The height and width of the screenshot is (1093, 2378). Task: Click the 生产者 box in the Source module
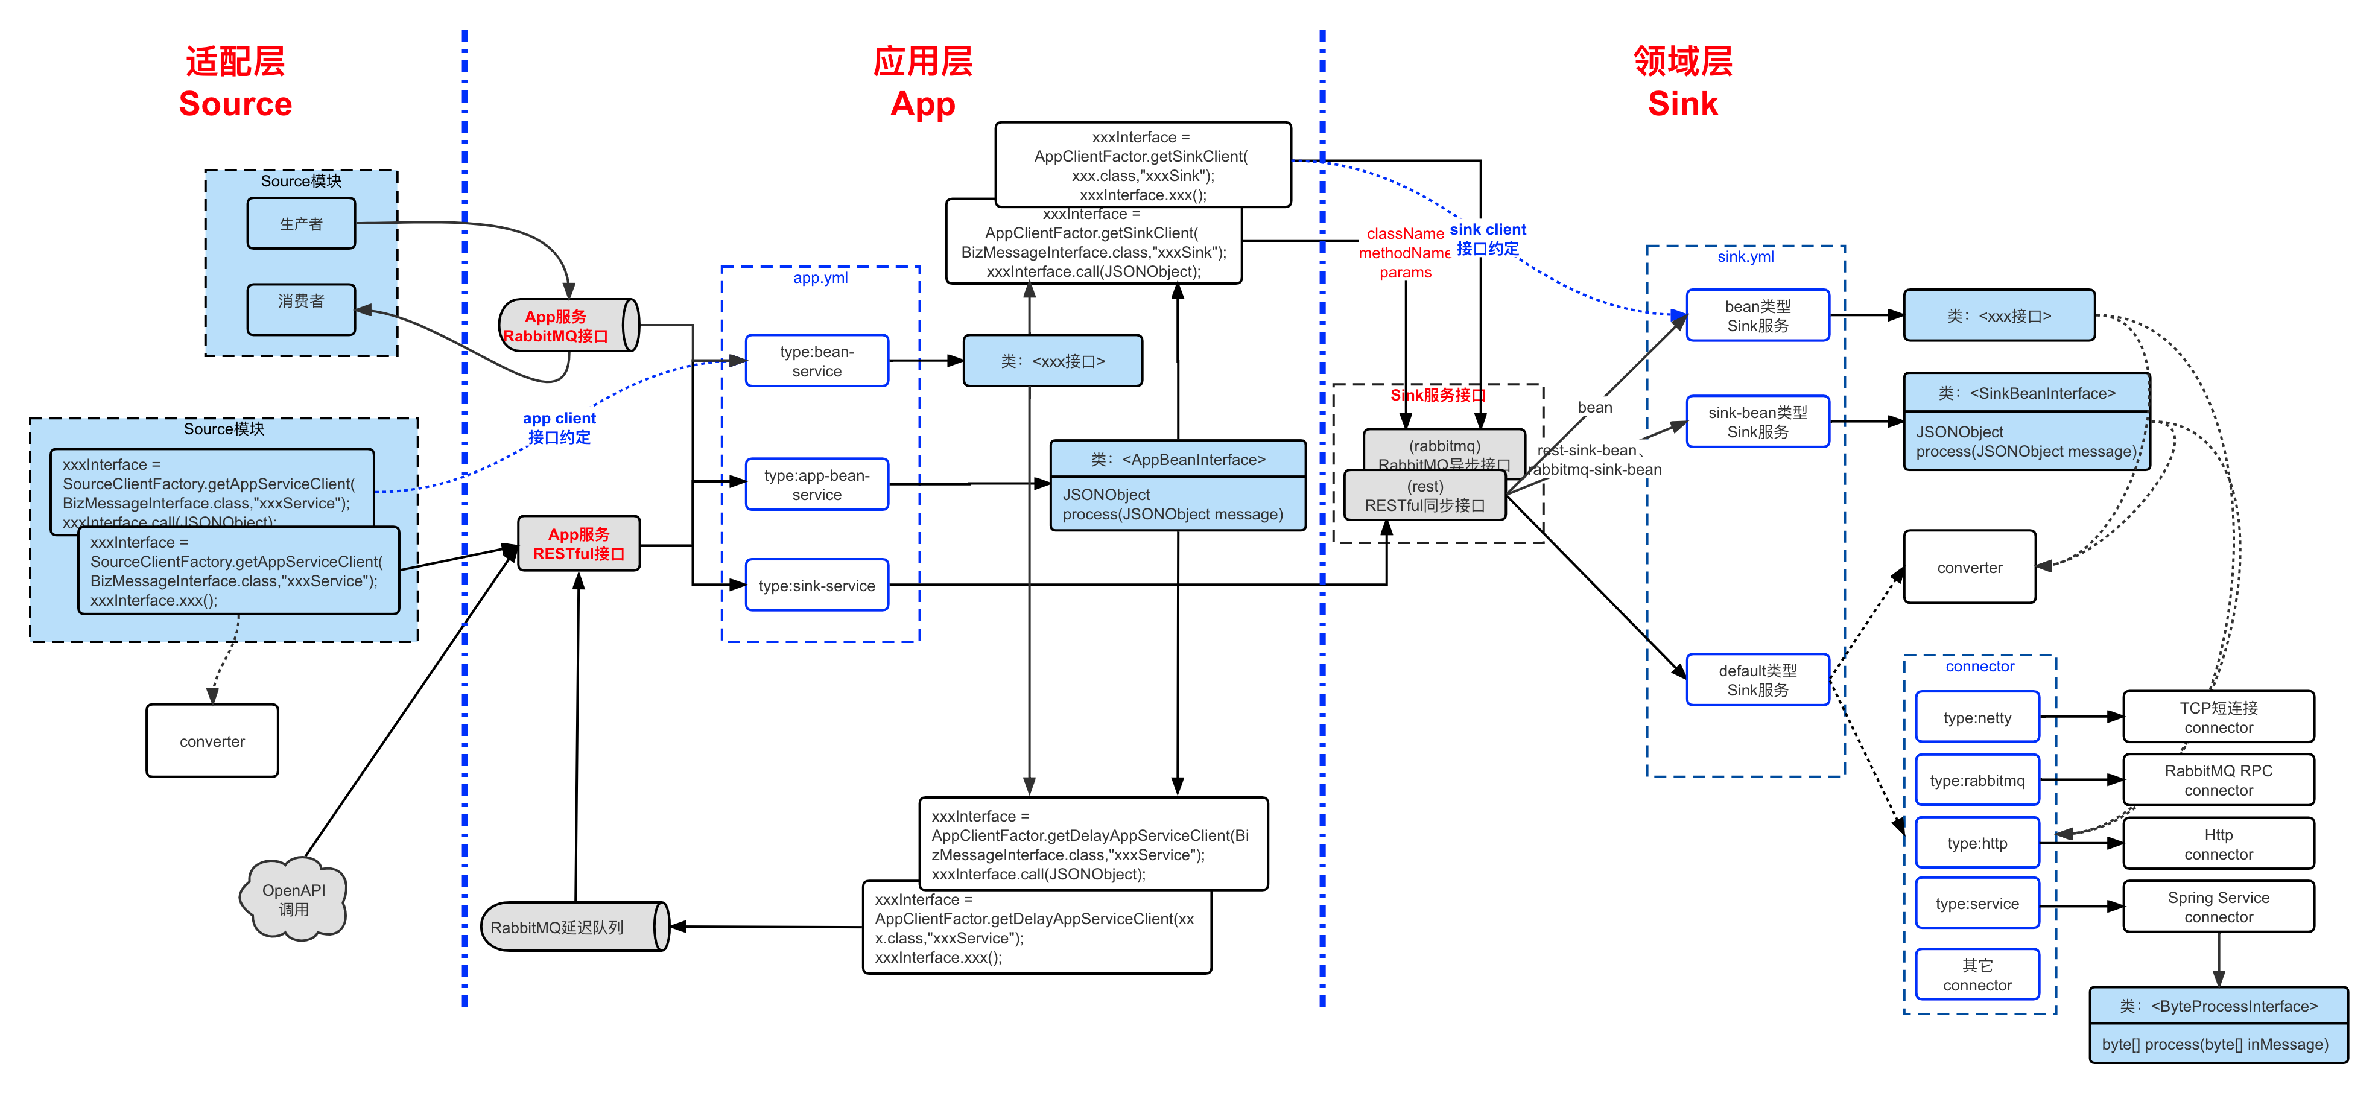pos(301,223)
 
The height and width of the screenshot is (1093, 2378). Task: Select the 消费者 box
pos(301,308)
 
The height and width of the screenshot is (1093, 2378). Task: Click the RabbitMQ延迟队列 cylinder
pos(572,927)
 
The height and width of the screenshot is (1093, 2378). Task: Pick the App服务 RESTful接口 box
pos(579,543)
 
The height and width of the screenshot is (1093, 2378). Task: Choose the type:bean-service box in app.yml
pos(816,361)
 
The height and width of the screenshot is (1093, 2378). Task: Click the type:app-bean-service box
pos(816,484)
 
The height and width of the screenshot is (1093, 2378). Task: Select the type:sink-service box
pos(816,585)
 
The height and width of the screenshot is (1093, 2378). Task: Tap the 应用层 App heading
pos(922,83)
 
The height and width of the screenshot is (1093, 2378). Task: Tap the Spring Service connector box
pos(2218,907)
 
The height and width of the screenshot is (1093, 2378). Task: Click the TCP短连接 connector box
pos(2218,717)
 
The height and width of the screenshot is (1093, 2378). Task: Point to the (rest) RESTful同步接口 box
pos(1424,496)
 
